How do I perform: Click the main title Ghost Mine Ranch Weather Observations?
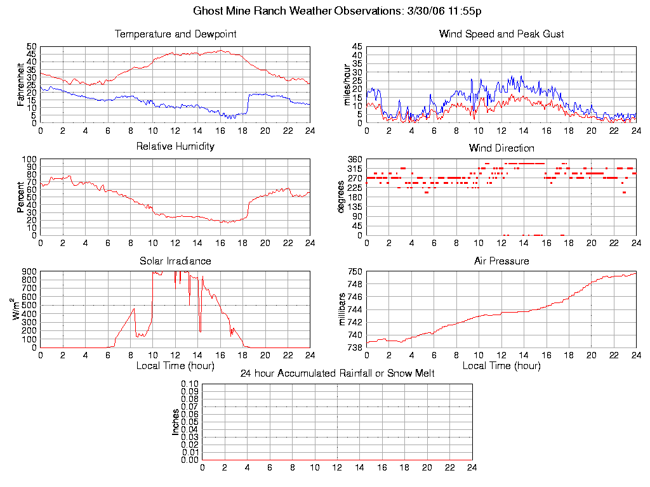[x=324, y=11]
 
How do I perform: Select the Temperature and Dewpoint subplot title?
[x=175, y=34]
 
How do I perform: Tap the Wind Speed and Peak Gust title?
[x=501, y=34]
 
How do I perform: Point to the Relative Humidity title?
[x=175, y=146]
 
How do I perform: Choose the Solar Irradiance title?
[x=175, y=261]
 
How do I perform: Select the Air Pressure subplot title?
[x=501, y=261]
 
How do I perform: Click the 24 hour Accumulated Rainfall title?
[x=337, y=373]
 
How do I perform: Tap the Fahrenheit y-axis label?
[x=22, y=85]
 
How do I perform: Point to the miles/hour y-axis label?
[x=348, y=85]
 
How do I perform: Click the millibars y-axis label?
[x=343, y=309]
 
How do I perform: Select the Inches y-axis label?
[x=176, y=422]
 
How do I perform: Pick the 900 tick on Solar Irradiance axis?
[x=28, y=271]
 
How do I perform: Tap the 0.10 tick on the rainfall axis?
[x=190, y=384]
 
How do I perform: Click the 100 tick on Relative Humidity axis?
[x=28, y=159]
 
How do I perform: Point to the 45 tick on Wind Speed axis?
[x=356, y=47]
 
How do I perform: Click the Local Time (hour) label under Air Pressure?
[x=501, y=366]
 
